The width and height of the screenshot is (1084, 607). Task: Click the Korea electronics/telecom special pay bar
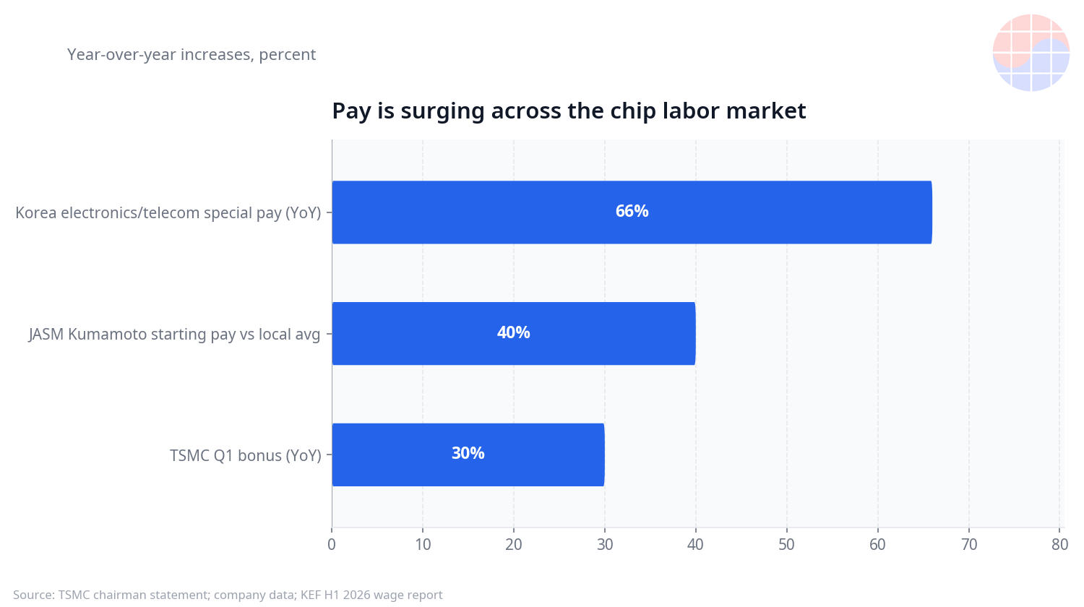coord(632,212)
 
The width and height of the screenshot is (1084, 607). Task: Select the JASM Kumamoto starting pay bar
coord(514,334)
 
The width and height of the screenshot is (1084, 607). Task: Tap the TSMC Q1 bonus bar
coord(468,455)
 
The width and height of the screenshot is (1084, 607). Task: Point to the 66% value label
coord(632,211)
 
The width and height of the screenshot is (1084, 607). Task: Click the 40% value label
coord(513,332)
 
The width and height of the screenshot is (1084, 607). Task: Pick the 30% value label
coord(468,453)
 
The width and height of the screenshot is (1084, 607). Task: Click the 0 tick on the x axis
coord(332,545)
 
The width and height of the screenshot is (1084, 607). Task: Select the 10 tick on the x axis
coord(423,545)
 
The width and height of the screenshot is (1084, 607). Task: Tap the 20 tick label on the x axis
coord(514,545)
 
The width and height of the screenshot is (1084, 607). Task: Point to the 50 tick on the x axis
coord(787,545)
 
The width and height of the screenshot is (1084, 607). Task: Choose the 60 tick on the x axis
coord(877,545)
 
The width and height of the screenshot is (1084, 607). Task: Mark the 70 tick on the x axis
coord(969,545)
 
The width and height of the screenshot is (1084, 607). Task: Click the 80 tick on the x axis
coord(1060,545)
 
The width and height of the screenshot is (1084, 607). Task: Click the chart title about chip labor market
coord(569,111)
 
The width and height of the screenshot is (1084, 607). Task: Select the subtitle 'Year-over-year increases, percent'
coord(192,55)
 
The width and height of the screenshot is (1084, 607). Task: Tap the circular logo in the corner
coord(1031,53)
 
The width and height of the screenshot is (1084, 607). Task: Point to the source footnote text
coord(228,595)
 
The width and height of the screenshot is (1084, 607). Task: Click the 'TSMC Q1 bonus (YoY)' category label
coord(246,455)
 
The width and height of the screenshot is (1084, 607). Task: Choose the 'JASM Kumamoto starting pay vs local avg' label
coord(174,334)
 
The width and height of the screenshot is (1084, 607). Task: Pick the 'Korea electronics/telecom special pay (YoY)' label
coord(168,213)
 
